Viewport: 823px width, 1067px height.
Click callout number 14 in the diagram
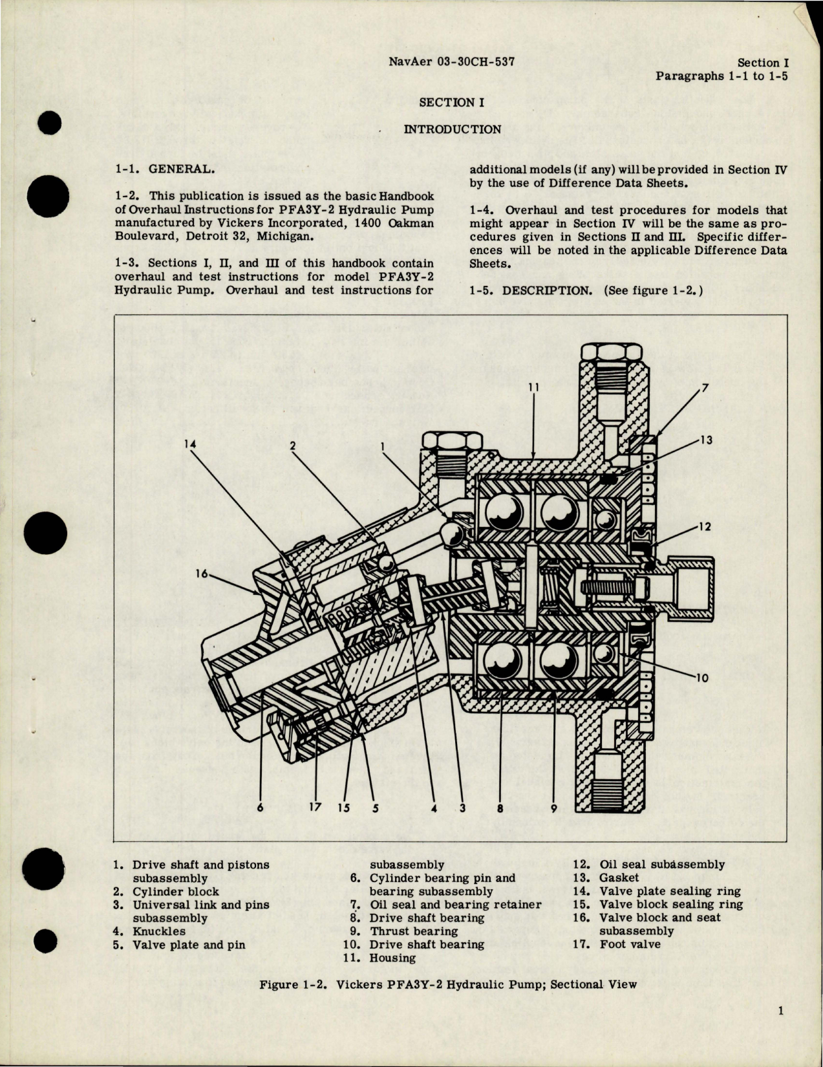(189, 444)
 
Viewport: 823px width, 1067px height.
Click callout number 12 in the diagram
(704, 526)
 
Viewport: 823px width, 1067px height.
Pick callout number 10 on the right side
(703, 678)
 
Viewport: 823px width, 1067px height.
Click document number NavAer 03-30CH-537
(453, 63)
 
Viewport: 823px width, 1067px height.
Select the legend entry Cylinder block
(175, 891)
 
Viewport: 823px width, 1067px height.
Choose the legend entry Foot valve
(630, 943)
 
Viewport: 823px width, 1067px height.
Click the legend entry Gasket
(619, 878)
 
